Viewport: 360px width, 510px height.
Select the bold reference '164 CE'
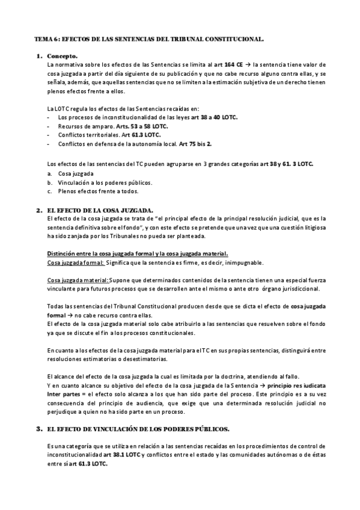coord(233,64)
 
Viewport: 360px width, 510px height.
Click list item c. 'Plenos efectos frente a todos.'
coord(97,191)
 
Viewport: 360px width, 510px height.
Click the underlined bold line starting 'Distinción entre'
coord(136,253)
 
